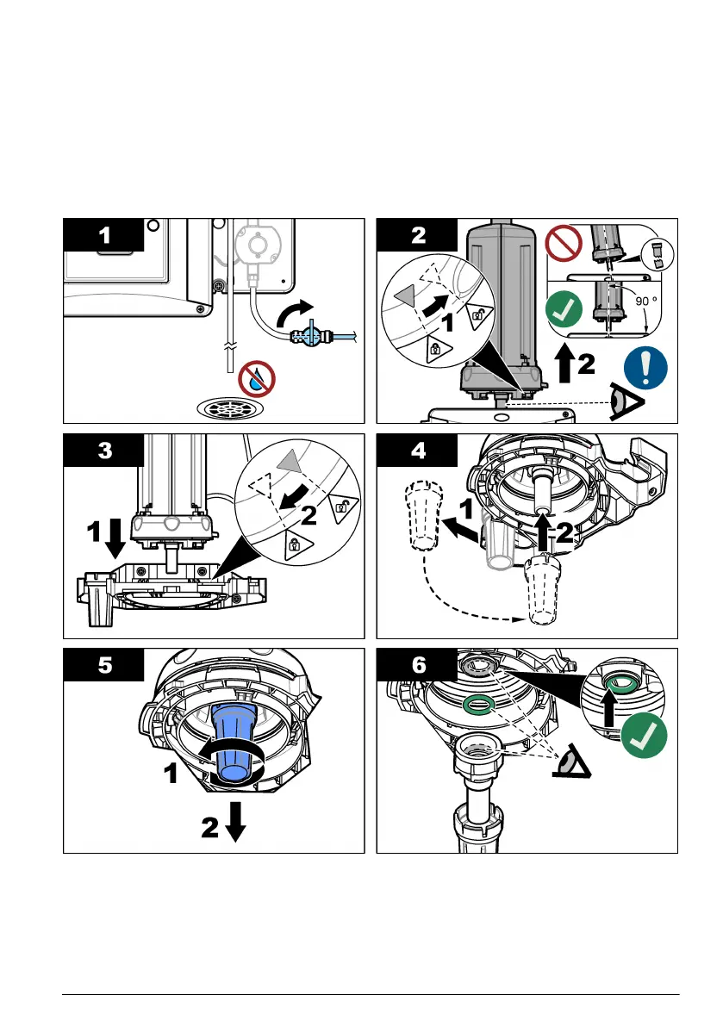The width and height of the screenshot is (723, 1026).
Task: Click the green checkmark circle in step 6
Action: point(645,735)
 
